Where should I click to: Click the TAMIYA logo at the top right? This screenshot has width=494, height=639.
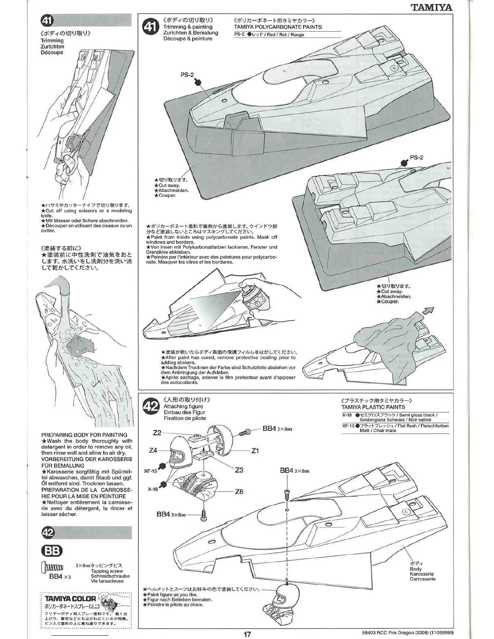pyautogui.click(x=432, y=7)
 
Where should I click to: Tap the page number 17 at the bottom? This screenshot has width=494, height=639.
pyautogui.click(x=247, y=634)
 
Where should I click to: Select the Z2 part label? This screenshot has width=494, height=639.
pyautogui.click(x=157, y=433)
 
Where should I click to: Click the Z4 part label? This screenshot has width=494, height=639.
pyautogui.click(x=153, y=450)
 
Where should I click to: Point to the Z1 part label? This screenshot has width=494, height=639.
pyautogui.click(x=255, y=451)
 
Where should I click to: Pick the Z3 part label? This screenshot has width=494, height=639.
pyautogui.click(x=239, y=470)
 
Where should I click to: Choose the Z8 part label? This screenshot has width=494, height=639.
pyautogui.click(x=239, y=492)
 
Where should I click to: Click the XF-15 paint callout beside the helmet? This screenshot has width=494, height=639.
pyautogui.click(x=150, y=471)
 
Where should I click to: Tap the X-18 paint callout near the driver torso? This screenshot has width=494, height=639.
pyautogui.click(x=153, y=489)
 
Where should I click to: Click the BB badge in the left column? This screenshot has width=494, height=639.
pyautogui.click(x=52, y=551)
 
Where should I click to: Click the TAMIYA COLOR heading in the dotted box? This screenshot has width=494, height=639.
pyautogui.click(x=70, y=599)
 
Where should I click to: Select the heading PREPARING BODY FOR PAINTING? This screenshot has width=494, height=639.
pyautogui.click(x=84, y=435)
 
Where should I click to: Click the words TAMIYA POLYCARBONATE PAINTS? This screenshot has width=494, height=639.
pyautogui.click(x=278, y=27)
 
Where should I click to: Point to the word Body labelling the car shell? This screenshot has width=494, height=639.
pyautogui.click(x=415, y=569)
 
